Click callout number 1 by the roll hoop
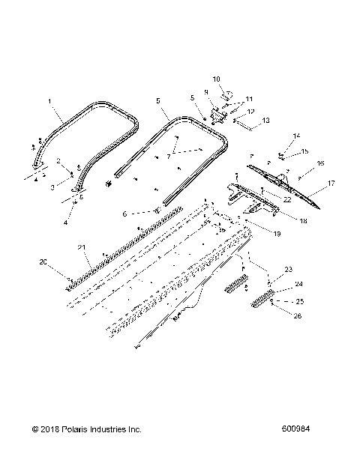[49, 100]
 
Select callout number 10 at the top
[216, 78]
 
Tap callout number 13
[265, 120]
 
